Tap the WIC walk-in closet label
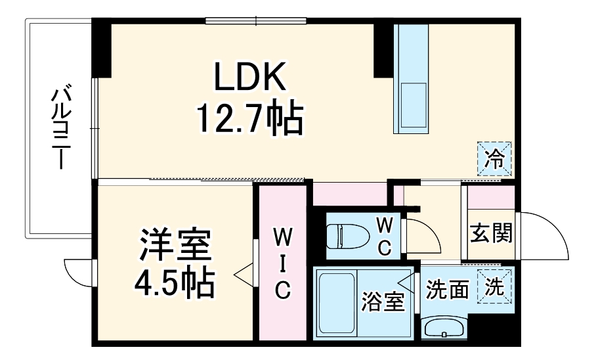pos(282,262)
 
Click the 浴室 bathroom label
pos(384,303)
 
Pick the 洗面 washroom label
pos(447,290)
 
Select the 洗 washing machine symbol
pos(495,286)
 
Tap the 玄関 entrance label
pos(491,233)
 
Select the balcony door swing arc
pos(77,273)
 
